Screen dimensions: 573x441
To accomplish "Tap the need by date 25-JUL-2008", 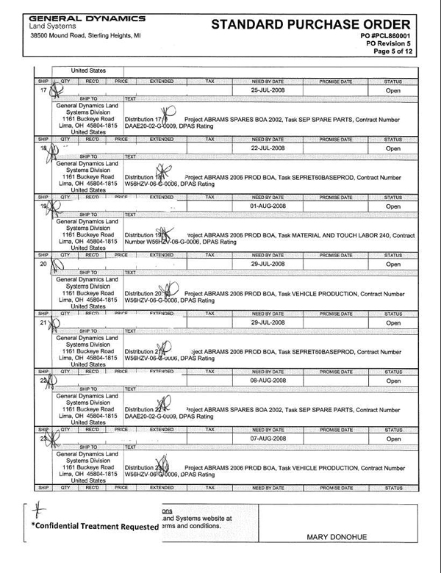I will coord(268,89).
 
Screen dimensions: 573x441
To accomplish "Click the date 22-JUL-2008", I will coord(268,148).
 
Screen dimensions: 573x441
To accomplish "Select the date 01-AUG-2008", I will coord(268,206).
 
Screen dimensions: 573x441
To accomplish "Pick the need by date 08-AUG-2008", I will coord(268,381).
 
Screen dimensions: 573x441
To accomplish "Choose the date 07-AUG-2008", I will coord(268,438).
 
